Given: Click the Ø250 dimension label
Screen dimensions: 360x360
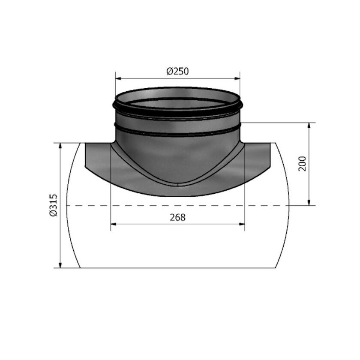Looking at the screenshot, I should coord(177,72).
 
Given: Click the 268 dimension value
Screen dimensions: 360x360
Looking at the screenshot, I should coord(177,217).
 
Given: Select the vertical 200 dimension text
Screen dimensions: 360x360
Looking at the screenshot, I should coord(302,164).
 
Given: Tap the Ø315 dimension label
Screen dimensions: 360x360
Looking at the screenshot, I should coord(53,205).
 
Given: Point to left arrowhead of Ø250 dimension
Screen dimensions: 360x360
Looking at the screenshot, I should coord(118,78).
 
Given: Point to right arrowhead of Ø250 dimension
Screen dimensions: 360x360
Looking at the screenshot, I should coord(237,78).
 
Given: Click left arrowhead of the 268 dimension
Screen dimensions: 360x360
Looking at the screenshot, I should coord(113,224).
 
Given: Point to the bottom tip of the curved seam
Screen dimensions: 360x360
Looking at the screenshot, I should coord(178,184).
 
